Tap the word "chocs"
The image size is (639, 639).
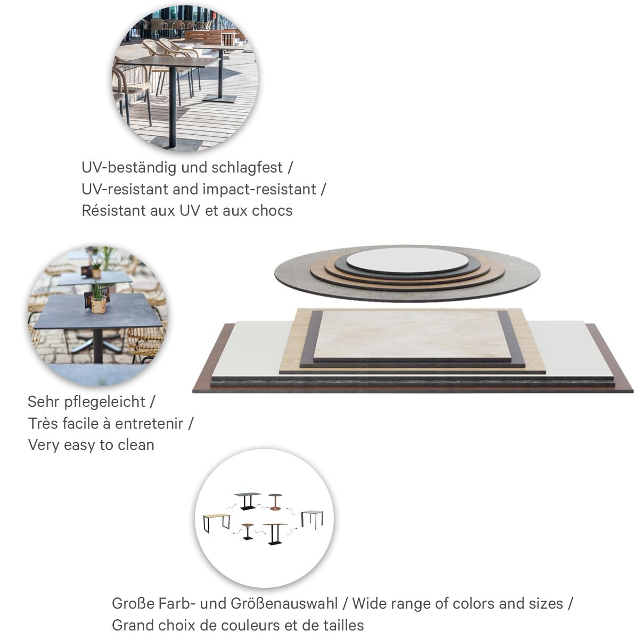pyautogui.click(x=272, y=210)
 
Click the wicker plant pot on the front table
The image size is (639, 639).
pyautogui.click(x=98, y=305)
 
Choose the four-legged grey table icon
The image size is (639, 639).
pyautogui.click(x=312, y=518)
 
